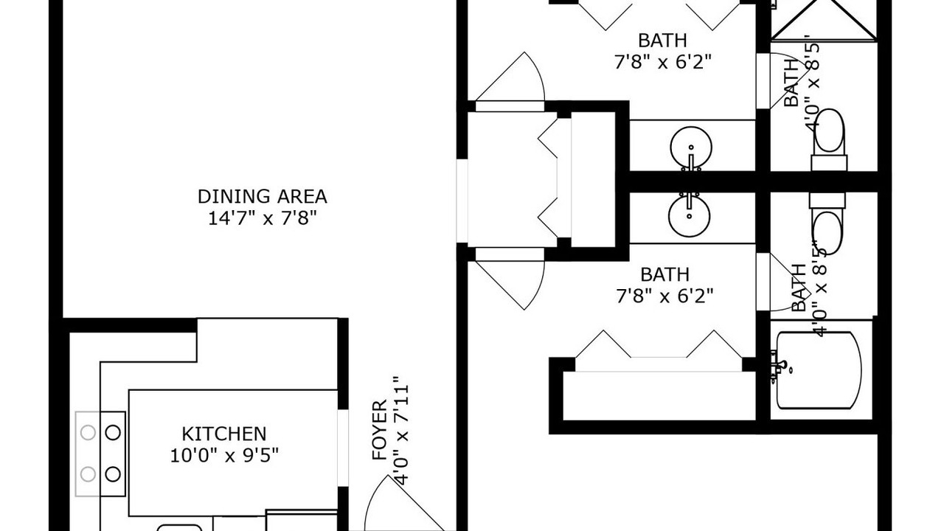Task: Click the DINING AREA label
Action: coord(262,196)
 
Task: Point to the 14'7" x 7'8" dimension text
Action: coord(262,218)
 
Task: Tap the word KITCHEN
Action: coord(223,434)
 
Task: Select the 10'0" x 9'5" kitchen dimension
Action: coord(224,455)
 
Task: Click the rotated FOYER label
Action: coord(379,430)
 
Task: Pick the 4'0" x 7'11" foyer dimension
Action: coord(401,430)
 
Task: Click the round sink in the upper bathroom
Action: coord(691,148)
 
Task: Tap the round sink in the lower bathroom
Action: coord(690,215)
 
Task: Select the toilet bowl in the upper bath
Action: coord(829,131)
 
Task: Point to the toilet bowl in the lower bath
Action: coord(827,234)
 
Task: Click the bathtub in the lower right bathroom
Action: coord(819,370)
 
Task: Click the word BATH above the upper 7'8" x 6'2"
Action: coord(662,41)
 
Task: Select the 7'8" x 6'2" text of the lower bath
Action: coord(664,296)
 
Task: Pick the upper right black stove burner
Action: coord(113,432)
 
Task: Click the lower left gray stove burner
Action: coord(88,474)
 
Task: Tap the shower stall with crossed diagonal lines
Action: coord(824,20)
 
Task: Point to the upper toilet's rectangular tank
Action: coord(829,163)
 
